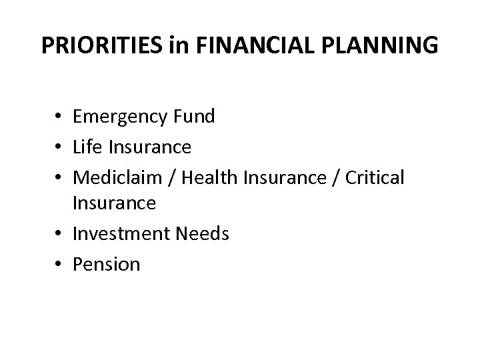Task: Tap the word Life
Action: pos(86,145)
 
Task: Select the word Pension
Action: pos(107,264)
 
